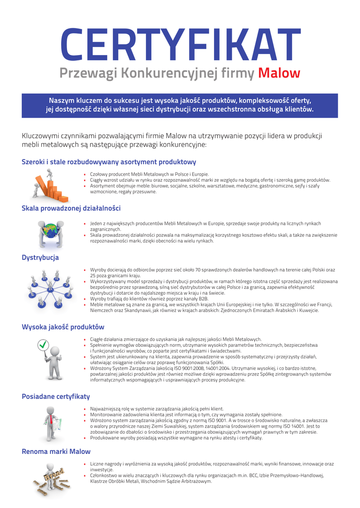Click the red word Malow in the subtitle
279,73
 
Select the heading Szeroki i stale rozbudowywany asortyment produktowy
109,162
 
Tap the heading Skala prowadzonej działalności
71,208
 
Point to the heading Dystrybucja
40,257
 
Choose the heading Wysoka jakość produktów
63,327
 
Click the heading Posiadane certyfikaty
56,396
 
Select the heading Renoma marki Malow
56,451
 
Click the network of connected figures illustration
50,287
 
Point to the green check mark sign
44,344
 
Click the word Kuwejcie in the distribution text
307,311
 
